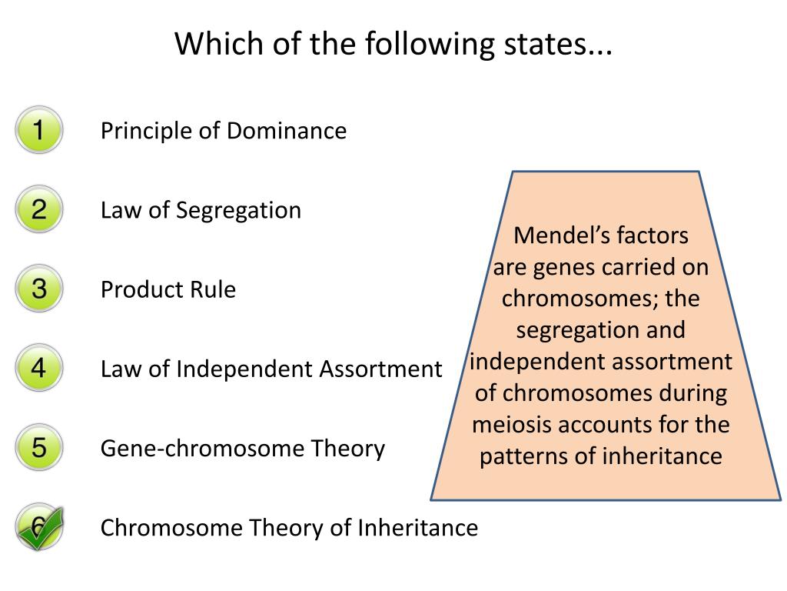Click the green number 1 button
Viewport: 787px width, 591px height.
(38, 130)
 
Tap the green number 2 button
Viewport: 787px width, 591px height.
(38, 209)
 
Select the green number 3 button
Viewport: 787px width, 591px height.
(38, 289)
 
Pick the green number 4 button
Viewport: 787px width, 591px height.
(38, 369)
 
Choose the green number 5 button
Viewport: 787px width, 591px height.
(38, 448)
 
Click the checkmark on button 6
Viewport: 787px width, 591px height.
(40, 528)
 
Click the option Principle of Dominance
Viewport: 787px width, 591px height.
(223, 131)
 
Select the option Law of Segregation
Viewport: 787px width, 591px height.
(201, 210)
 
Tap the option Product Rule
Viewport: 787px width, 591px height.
(168, 290)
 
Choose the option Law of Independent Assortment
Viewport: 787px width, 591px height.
(271, 369)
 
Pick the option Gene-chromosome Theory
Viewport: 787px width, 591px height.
(242, 449)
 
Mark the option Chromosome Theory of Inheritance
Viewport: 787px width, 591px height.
(289, 528)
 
